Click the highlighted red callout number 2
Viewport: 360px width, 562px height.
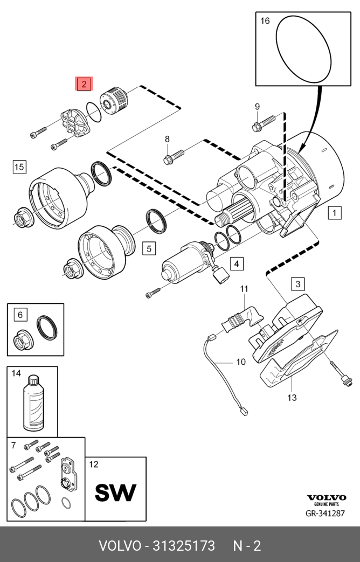[84, 84]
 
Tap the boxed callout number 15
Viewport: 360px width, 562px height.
[19, 166]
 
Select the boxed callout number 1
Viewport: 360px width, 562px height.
[335, 213]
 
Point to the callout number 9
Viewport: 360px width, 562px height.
[257, 107]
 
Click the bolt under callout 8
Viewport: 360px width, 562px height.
[174, 157]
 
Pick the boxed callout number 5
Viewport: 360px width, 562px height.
[149, 248]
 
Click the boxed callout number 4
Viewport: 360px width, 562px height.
[237, 264]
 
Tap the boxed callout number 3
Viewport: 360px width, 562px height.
[298, 284]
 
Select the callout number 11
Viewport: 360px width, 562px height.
[244, 288]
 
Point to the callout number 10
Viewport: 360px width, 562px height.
[241, 362]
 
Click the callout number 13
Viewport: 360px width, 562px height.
[292, 397]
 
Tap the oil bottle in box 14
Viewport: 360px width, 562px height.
[33, 403]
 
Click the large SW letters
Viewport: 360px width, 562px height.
[115, 492]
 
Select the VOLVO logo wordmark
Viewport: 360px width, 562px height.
[327, 497]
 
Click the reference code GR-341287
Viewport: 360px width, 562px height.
[325, 514]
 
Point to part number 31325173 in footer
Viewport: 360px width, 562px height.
[184, 546]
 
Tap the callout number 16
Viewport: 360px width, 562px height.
[265, 21]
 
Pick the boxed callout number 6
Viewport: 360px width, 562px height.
[20, 315]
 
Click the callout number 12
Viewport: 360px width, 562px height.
[94, 464]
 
